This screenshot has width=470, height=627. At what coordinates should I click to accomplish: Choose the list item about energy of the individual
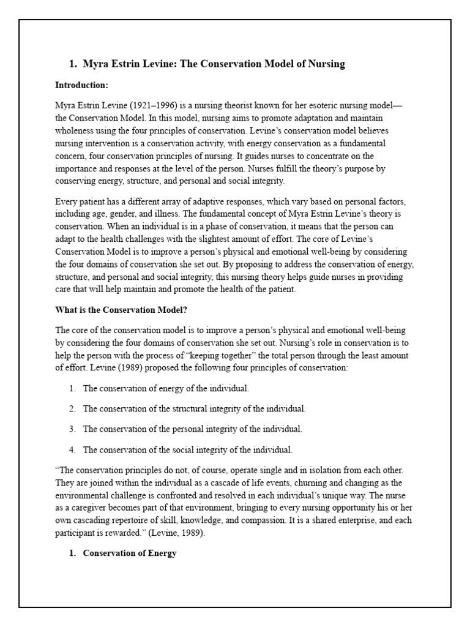[x=166, y=388]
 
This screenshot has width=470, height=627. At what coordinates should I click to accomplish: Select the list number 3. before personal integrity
[x=72, y=429]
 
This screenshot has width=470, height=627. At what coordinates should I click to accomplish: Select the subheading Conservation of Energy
[x=130, y=554]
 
